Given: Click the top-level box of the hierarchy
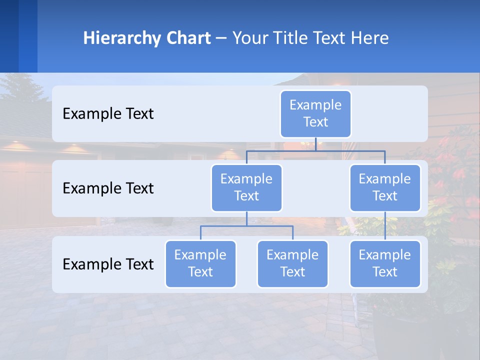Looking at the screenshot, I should [315, 113].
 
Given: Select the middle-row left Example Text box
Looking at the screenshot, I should [246, 187].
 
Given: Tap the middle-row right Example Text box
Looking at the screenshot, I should [385, 187].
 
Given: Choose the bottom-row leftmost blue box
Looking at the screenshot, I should [200, 263].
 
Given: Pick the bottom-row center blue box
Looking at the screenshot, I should [292, 263].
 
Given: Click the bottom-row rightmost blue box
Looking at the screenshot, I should [385, 263].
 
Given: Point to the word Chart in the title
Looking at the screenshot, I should [187, 38].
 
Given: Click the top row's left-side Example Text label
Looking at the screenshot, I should [108, 113].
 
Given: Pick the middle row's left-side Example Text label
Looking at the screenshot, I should [108, 188].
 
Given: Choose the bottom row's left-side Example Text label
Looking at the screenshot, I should [108, 264].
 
